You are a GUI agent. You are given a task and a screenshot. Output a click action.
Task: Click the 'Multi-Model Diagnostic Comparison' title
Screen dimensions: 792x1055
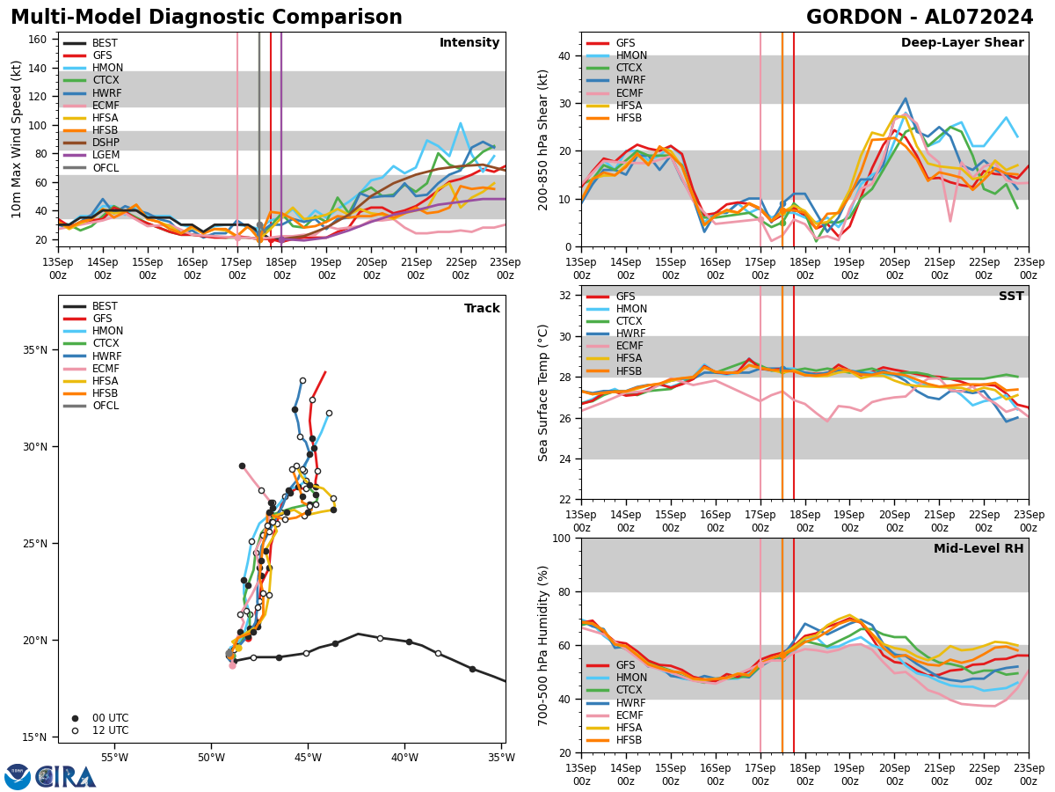pos(206,18)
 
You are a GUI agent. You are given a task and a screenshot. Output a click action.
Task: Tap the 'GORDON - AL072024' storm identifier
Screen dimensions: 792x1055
pos(920,18)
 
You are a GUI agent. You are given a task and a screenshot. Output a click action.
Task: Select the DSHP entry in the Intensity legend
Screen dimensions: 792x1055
pos(105,143)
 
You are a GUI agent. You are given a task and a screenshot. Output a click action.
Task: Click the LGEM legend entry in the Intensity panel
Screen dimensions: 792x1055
pos(105,155)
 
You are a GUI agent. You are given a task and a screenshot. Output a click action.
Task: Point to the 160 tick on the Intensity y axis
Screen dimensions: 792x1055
pos(40,40)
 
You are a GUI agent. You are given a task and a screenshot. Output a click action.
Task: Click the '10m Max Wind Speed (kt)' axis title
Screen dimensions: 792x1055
pos(17,139)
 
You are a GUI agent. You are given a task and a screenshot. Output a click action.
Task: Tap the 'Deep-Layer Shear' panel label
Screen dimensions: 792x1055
pos(962,43)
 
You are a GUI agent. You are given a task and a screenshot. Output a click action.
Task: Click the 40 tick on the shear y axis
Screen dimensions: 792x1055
pos(564,55)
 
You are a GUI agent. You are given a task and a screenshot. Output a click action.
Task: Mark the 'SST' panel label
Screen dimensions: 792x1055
pos(1010,297)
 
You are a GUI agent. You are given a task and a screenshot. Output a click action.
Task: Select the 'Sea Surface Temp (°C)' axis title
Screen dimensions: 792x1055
pos(544,392)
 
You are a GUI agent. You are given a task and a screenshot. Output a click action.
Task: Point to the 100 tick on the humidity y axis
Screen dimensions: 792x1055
pos(560,538)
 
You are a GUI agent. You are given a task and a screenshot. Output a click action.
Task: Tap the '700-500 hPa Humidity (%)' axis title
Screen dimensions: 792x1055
pos(544,645)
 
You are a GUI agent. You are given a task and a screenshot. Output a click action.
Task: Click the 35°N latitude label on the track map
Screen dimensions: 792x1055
pos(35,350)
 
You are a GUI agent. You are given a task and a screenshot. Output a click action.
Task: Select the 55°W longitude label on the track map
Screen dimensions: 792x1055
pos(114,758)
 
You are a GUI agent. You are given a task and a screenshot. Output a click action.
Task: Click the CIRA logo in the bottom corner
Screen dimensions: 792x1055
pos(50,777)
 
